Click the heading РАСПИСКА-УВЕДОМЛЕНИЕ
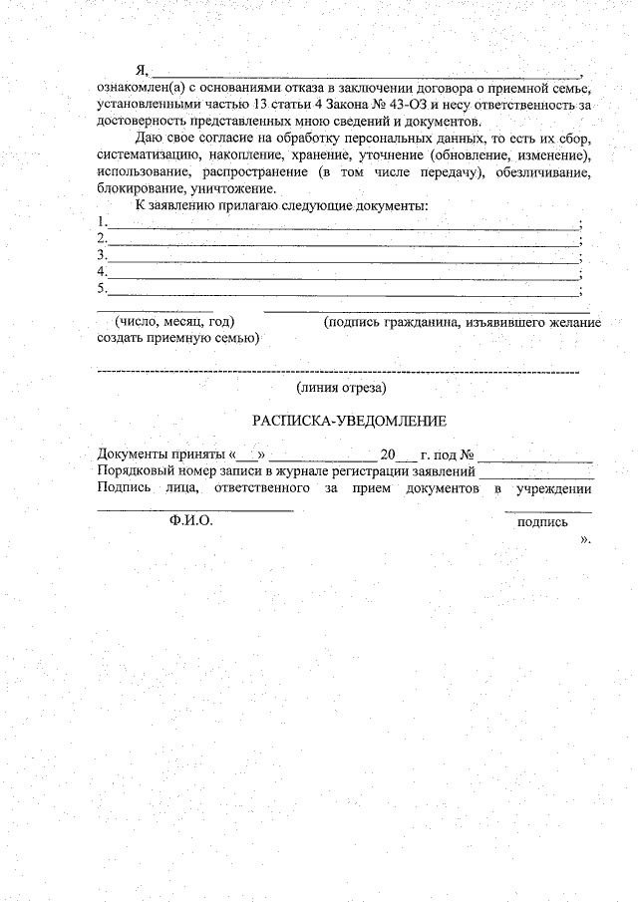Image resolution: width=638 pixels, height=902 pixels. click(x=349, y=422)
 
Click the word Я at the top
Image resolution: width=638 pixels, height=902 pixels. click(x=142, y=71)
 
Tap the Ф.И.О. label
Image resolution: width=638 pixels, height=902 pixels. click(x=191, y=520)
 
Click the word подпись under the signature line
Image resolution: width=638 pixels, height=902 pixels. click(x=543, y=521)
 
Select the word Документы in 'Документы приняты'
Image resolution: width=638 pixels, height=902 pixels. click(x=131, y=453)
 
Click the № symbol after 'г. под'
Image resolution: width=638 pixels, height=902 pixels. click(x=465, y=453)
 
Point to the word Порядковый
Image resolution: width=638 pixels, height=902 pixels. click(x=135, y=470)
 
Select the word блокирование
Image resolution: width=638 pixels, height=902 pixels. click(x=139, y=188)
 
